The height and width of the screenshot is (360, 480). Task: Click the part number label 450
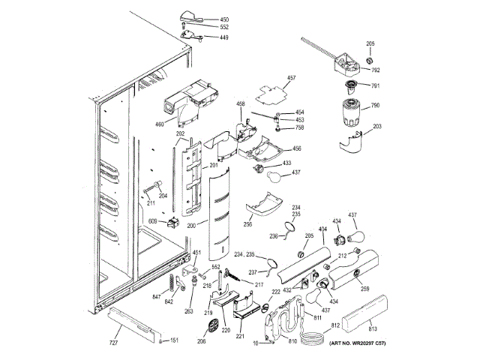pyautogui.click(x=224, y=19)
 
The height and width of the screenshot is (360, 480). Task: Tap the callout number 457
pyautogui.click(x=292, y=78)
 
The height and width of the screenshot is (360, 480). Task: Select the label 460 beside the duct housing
pyautogui.click(x=160, y=124)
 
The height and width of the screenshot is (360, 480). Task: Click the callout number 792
pyautogui.click(x=376, y=70)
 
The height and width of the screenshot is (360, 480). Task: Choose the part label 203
pyautogui.click(x=377, y=126)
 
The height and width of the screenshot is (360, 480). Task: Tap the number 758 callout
pyautogui.click(x=299, y=128)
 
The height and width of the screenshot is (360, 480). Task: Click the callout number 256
pyautogui.click(x=247, y=223)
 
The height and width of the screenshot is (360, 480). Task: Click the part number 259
pyautogui.click(x=365, y=289)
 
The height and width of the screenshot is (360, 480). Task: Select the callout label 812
pyautogui.click(x=335, y=325)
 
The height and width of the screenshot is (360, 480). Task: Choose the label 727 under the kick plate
pyautogui.click(x=113, y=343)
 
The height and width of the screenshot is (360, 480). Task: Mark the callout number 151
pyautogui.click(x=174, y=340)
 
